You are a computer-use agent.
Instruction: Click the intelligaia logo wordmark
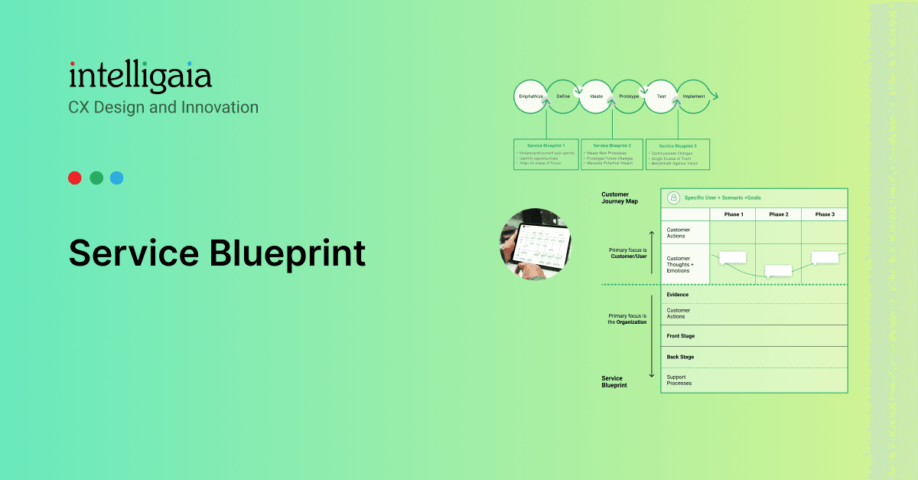[140, 77]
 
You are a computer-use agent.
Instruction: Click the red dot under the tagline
[74, 178]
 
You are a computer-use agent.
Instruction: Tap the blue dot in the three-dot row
[116, 178]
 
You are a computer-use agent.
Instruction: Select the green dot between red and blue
[96, 178]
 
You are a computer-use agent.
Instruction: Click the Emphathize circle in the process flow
[530, 96]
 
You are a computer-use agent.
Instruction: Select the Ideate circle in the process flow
[596, 96]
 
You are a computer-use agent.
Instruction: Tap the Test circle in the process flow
[661, 96]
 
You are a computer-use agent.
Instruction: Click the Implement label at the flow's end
[693, 96]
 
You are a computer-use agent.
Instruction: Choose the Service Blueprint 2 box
[611, 155]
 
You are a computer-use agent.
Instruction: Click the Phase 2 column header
[778, 214]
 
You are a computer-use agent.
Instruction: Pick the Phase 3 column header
[824, 214]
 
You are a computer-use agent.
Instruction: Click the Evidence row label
[678, 294]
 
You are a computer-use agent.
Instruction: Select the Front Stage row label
[681, 336]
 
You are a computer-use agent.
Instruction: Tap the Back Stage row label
[680, 357]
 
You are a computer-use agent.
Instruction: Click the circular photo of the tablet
[535, 244]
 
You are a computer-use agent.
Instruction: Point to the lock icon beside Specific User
[673, 198]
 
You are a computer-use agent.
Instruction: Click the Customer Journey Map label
[619, 198]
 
